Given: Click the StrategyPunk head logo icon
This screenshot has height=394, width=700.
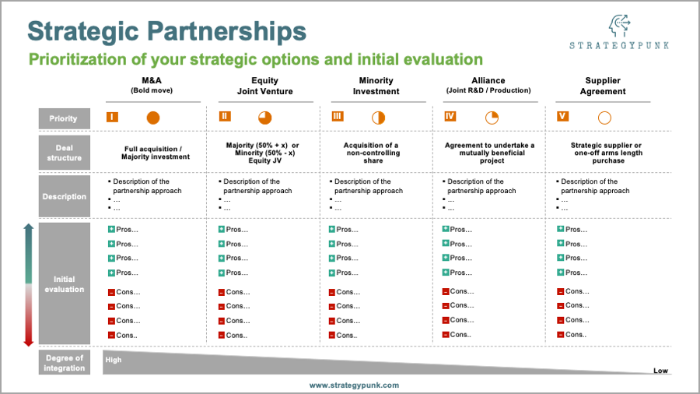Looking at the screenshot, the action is (620, 26).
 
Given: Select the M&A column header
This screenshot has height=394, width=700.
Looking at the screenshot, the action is (152, 85).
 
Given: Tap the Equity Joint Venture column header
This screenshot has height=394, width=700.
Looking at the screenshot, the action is (264, 86).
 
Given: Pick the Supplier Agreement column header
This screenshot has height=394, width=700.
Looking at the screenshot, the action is (603, 86).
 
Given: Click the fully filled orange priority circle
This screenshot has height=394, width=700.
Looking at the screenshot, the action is (153, 118).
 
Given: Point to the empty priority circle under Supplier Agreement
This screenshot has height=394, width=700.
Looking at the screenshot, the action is (604, 118).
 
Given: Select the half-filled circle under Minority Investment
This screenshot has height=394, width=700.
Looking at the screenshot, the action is (378, 118).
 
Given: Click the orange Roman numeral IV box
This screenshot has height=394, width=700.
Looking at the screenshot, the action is (450, 117).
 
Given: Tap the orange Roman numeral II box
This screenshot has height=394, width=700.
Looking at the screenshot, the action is (225, 117).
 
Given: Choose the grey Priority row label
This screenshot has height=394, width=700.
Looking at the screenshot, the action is (65, 118).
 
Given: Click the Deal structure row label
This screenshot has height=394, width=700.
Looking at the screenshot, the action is (65, 153).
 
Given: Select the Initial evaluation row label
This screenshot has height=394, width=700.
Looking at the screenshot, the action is (65, 283).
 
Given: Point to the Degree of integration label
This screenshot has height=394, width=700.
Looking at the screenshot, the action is (65, 363).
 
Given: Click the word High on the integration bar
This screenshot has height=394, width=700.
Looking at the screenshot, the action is (114, 360).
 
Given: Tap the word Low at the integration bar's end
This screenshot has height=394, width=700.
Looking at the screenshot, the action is (660, 371).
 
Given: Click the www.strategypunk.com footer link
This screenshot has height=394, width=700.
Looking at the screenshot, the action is (354, 385).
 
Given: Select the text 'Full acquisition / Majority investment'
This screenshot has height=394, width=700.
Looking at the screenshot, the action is (156, 153).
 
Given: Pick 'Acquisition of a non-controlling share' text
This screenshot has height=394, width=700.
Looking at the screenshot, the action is (373, 153).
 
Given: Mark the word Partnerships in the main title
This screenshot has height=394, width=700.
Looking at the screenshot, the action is (227, 31).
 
